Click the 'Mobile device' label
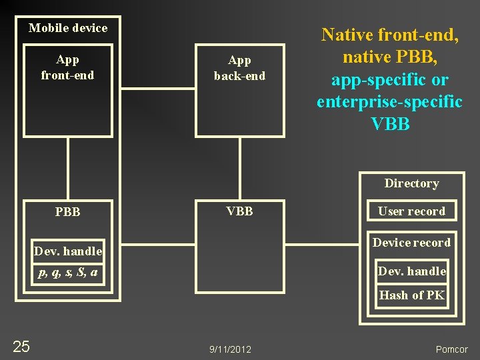click(x=68, y=28)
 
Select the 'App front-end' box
click(x=67, y=90)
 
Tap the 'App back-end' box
click(x=239, y=90)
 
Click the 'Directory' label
click(x=411, y=183)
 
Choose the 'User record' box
click(x=411, y=211)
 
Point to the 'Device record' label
click(x=411, y=243)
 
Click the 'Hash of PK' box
click(x=411, y=295)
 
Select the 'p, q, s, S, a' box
click(x=68, y=272)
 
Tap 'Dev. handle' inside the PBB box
click(x=68, y=251)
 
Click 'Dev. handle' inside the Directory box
click(x=411, y=271)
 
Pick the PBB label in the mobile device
click(x=67, y=212)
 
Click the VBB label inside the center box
click(x=239, y=211)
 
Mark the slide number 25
click(x=21, y=346)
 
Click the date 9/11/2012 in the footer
click(x=230, y=349)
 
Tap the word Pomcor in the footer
click(x=451, y=349)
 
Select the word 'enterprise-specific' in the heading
click(x=389, y=102)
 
